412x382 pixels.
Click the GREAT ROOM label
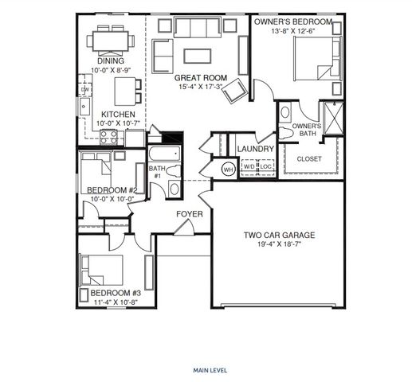coord(201,78)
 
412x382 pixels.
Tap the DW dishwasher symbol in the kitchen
coord(84,89)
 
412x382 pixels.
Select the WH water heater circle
coord(227,169)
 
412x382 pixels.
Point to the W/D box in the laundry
coord(249,167)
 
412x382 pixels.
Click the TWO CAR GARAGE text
coord(279,236)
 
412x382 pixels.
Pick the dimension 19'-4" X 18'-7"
coord(279,245)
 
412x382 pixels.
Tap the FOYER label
coord(190,214)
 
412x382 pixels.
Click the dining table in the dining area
coord(110,40)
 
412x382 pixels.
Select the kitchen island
coord(124,92)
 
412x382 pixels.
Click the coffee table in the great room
coord(197,56)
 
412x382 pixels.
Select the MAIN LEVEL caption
coord(208,370)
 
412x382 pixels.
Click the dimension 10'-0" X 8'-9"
coord(111,70)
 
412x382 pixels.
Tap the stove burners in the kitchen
coord(108,136)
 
